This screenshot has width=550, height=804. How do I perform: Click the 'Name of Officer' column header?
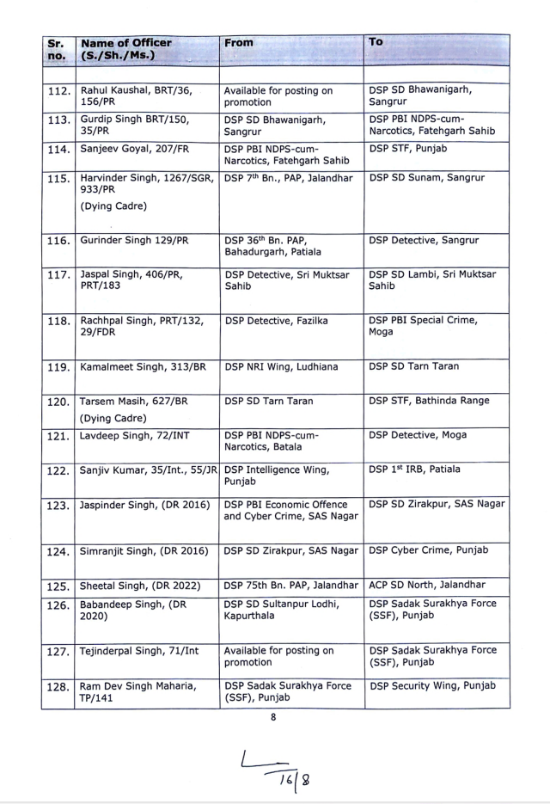tap(125, 50)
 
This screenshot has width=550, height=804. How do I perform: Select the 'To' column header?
tap(376, 42)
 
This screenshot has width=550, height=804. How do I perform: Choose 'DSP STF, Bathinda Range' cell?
tap(429, 401)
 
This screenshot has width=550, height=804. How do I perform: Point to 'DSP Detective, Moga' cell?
tap(418, 435)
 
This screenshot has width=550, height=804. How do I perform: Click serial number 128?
tap(59, 685)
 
